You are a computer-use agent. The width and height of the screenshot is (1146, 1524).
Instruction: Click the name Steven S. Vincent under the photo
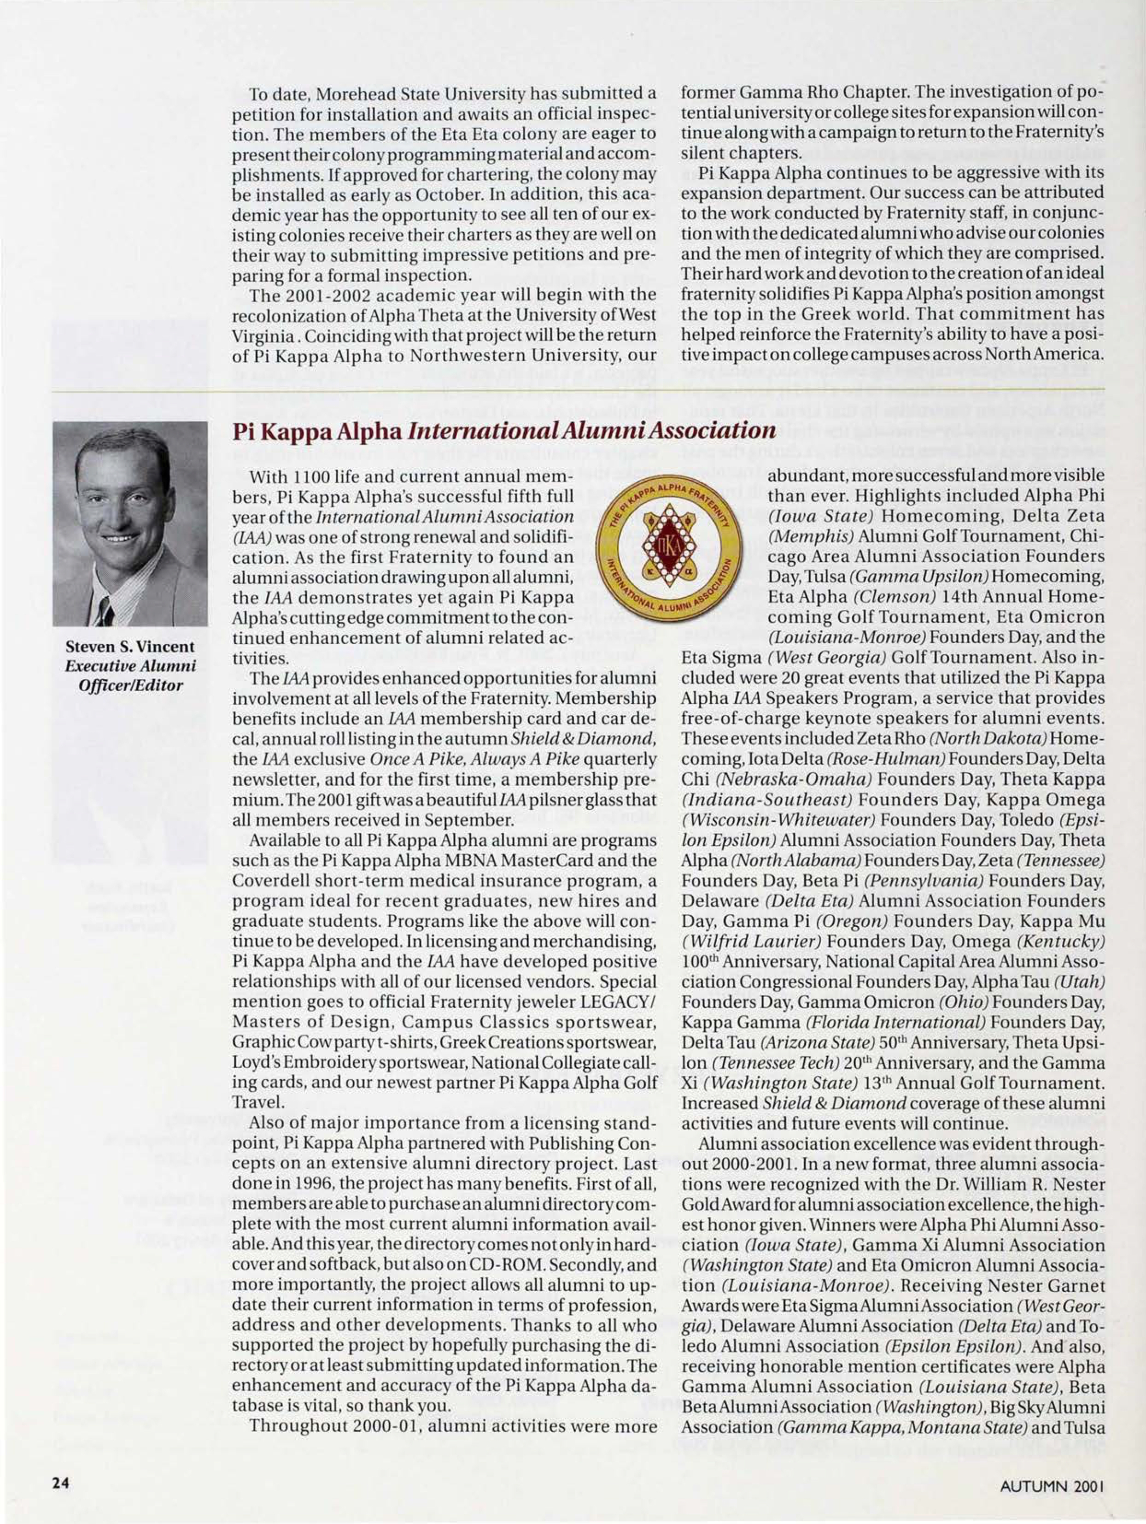point(130,648)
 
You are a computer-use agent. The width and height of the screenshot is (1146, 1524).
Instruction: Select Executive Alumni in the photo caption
point(131,666)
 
